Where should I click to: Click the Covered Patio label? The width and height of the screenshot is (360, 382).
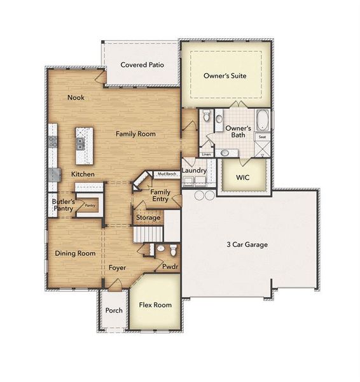coord(141,65)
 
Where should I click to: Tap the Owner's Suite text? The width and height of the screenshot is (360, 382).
coord(225,75)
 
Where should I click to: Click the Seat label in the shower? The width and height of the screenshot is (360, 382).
coord(262,137)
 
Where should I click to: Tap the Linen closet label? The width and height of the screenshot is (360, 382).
coord(206,155)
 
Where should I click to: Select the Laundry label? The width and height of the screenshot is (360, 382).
coord(193,171)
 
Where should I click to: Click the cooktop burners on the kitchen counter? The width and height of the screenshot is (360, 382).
coord(52,142)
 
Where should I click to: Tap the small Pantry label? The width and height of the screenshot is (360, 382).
coord(90,206)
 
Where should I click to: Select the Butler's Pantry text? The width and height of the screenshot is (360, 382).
coord(64,205)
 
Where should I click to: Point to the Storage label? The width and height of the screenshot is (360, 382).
coord(148,218)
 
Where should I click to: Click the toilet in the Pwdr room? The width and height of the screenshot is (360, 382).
coord(162,249)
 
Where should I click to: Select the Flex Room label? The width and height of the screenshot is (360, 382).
coord(155,305)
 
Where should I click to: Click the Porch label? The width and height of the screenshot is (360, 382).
coord(114,311)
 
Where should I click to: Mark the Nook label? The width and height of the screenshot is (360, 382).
coord(76,97)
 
